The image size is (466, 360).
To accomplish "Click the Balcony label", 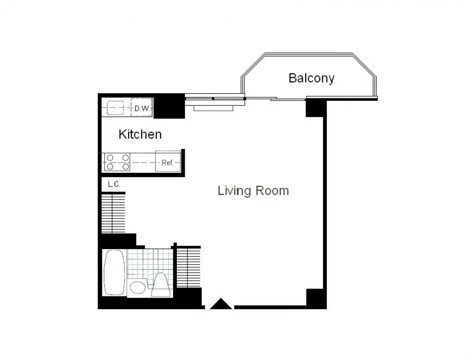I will pyautogui.click(x=311, y=78).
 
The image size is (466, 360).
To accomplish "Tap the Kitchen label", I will pyautogui.click(x=140, y=134).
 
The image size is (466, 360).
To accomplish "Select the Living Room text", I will pyautogui.click(x=253, y=190).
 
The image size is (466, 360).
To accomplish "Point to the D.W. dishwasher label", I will pyautogui.click(x=142, y=108).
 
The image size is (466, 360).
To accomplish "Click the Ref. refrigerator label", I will pyautogui.click(x=167, y=163).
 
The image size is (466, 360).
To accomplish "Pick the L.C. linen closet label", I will pyautogui.click(x=114, y=184).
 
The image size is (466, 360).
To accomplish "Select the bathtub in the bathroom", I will pyautogui.click(x=114, y=273).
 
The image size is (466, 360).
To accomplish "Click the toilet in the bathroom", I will pyautogui.click(x=161, y=284).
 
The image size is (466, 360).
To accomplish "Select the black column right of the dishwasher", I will pyautogui.click(x=169, y=106).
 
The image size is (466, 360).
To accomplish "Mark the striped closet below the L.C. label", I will pyautogui.click(x=113, y=213).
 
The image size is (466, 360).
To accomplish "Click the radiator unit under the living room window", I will pyautogui.click(x=213, y=108).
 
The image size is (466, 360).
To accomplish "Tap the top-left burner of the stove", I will pyautogui.click(x=109, y=158).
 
